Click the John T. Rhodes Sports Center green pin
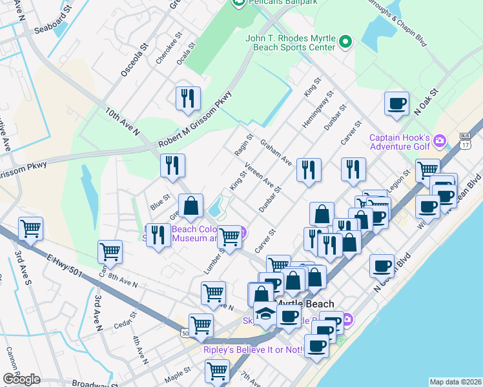[345, 43]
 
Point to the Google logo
[21, 379]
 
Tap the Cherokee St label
[166, 53]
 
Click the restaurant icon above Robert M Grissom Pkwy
[188, 98]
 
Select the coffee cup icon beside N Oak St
[396, 103]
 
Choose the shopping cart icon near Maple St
[217, 371]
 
